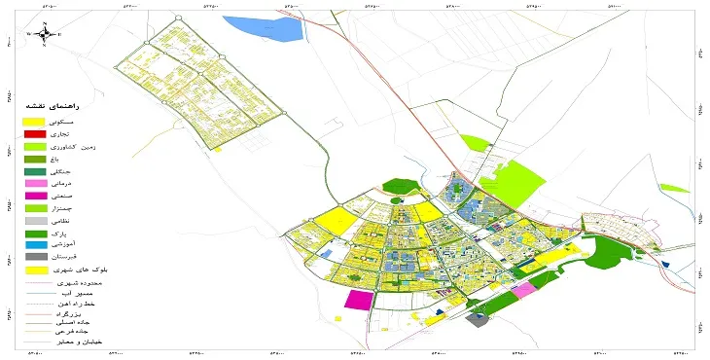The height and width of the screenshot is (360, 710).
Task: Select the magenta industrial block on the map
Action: pos(358,300)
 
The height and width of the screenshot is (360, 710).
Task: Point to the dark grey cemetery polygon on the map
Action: pos(479,319)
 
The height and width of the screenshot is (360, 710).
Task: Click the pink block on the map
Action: pos(523,289)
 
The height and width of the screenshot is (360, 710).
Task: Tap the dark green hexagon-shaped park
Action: pos(399,185)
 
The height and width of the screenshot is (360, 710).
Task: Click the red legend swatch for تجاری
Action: pos(35,133)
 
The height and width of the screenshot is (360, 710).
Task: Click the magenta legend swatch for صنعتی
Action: pos(35,196)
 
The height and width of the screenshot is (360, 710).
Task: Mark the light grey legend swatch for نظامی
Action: pos(35,221)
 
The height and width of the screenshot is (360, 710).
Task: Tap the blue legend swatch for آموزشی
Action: pos(35,245)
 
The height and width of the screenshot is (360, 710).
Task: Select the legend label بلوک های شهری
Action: pos(79,270)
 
